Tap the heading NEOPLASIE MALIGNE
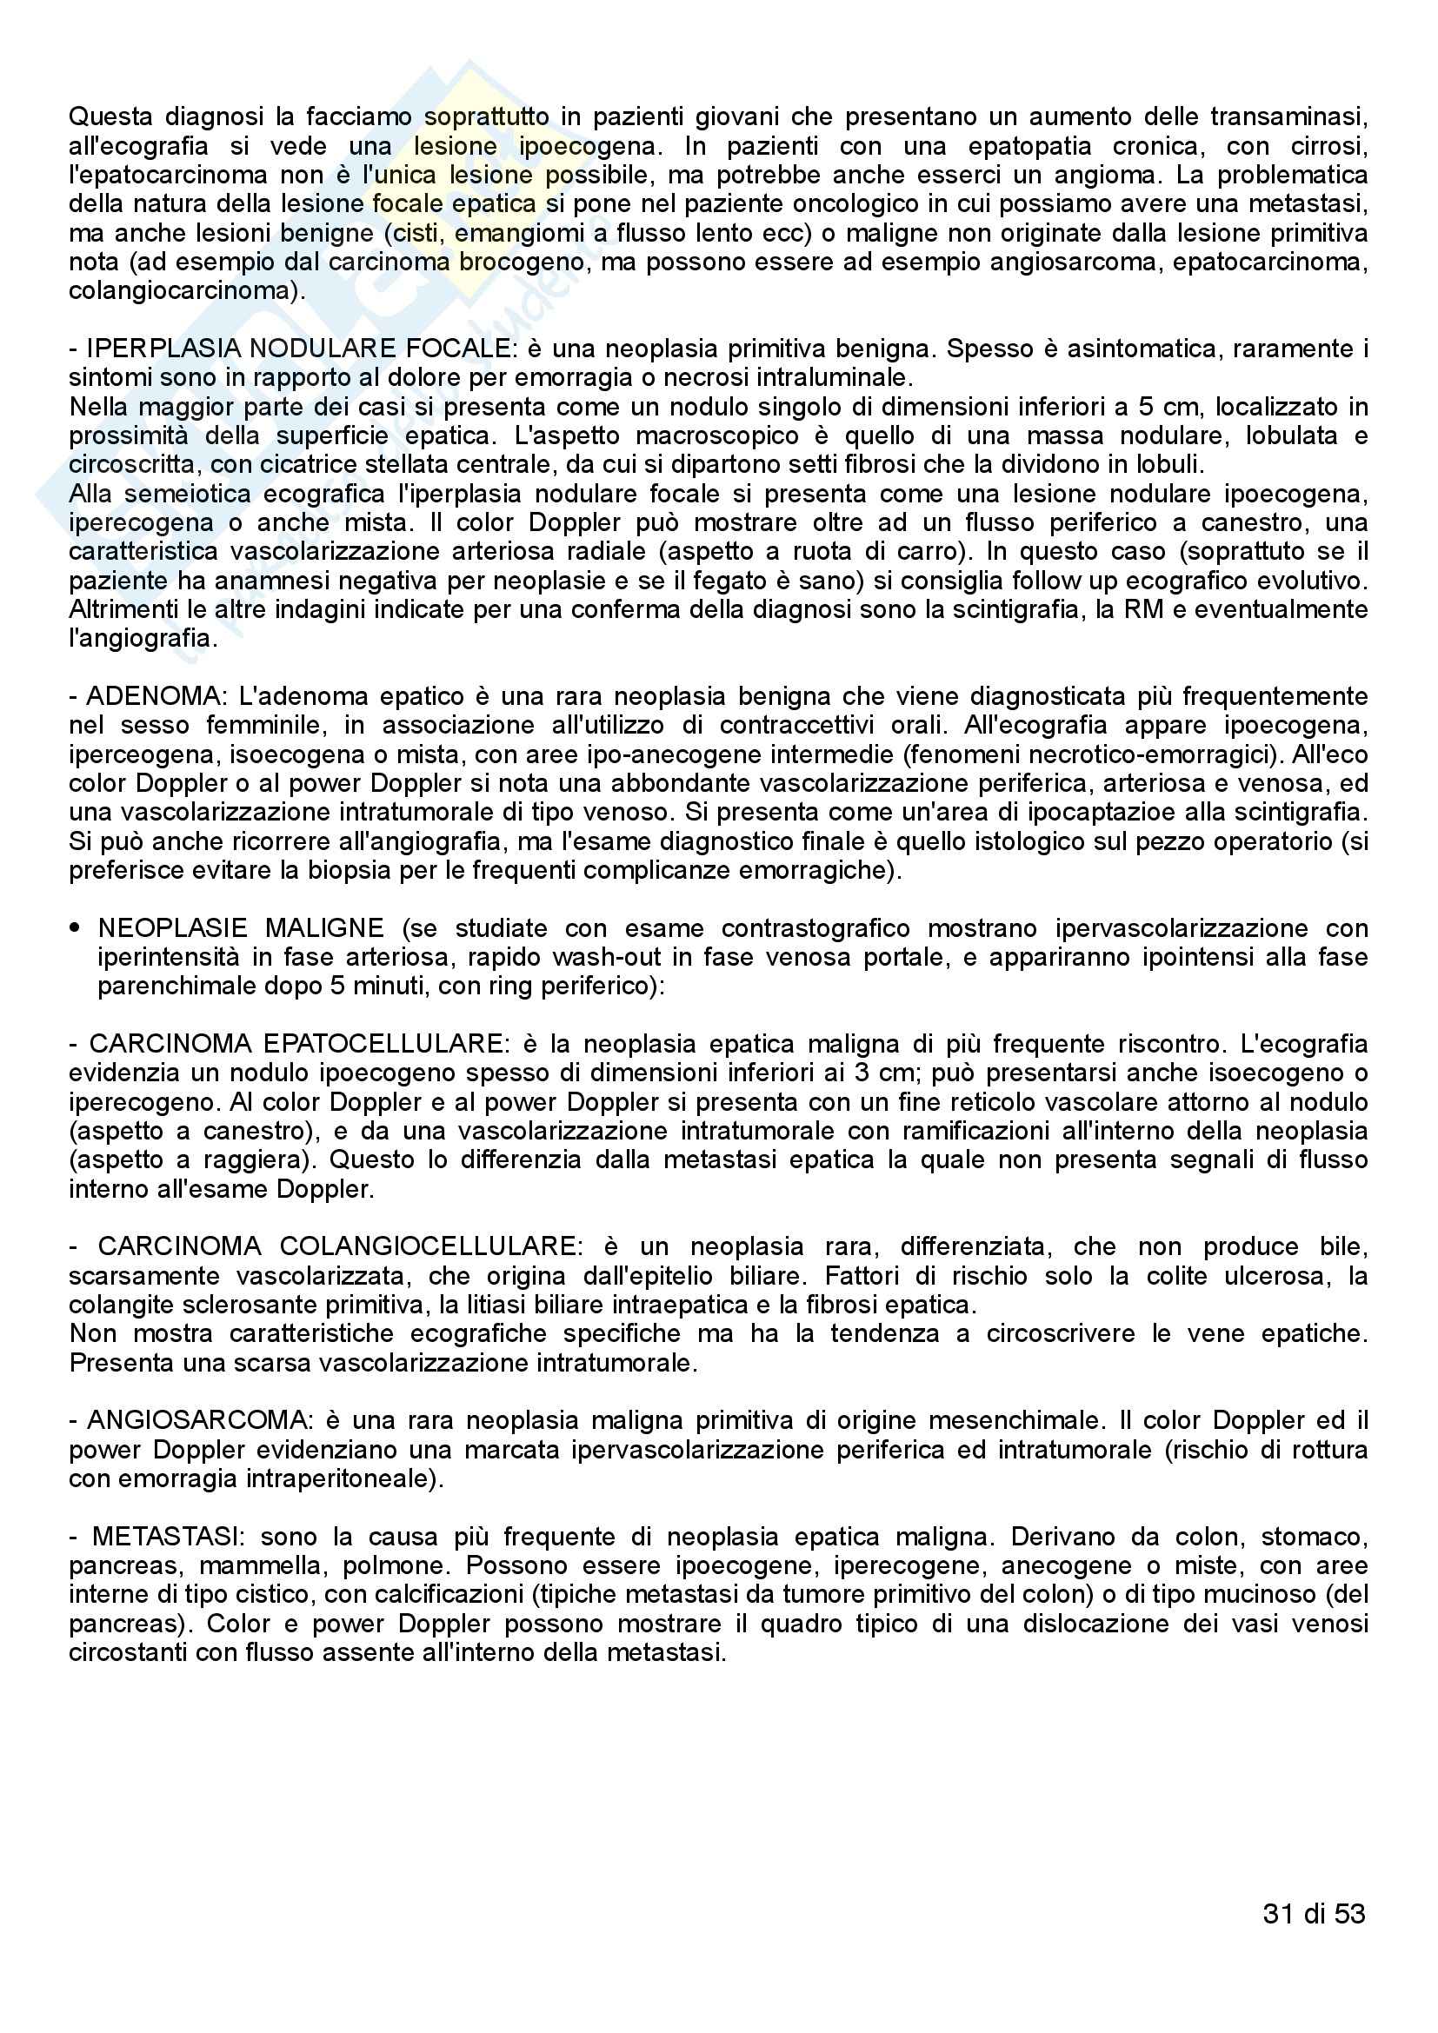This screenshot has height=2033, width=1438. (241, 929)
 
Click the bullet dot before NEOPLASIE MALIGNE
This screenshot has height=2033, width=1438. (76, 929)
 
